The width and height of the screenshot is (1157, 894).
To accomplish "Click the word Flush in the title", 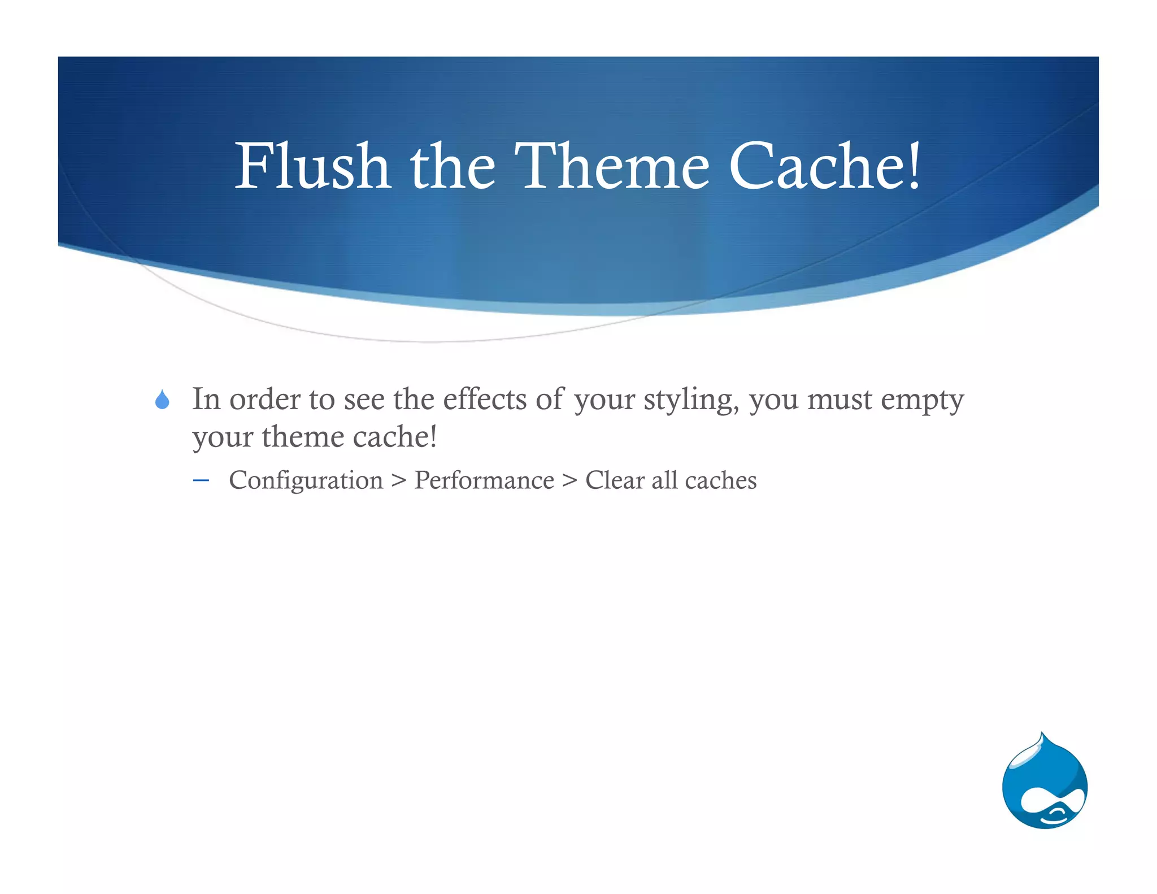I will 312,166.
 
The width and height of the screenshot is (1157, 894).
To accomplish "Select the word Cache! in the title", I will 825,166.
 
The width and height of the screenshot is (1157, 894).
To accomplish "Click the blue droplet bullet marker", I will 162,400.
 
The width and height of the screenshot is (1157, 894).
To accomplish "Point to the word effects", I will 485,399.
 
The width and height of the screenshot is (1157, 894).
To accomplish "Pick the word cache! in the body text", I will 395,437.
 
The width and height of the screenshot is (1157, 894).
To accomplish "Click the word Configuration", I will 306,481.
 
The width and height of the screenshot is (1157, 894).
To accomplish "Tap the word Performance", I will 484,481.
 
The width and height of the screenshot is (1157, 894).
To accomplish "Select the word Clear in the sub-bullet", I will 615,480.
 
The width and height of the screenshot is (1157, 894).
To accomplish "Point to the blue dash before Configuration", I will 201,481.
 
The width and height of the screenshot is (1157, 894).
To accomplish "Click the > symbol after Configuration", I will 398,481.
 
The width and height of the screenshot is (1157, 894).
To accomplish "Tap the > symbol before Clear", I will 569,481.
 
